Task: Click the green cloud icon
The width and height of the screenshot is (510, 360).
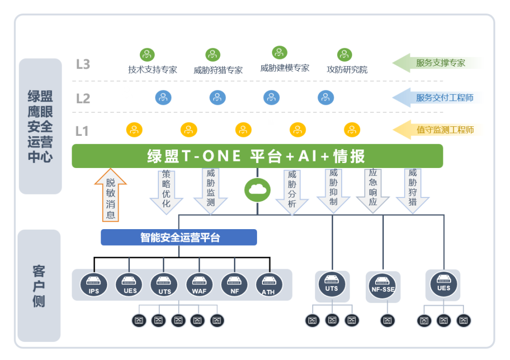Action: (258, 190)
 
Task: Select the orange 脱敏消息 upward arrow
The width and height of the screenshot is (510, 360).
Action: (110, 196)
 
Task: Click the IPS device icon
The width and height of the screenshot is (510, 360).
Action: (94, 285)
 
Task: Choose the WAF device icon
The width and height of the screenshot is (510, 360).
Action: (199, 285)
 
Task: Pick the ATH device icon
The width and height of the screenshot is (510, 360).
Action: (269, 285)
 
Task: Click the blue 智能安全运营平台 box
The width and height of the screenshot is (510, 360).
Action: (179, 237)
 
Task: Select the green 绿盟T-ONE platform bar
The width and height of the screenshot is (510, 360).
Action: (258, 156)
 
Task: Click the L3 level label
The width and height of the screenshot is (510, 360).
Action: (83, 64)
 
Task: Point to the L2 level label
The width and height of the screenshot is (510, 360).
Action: (83, 98)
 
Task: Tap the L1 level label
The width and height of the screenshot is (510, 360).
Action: (82, 131)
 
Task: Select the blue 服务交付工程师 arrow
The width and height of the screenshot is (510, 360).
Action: (436, 97)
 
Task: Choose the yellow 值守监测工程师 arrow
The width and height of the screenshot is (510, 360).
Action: (436, 130)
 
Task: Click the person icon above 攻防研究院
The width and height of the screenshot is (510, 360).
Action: (345, 55)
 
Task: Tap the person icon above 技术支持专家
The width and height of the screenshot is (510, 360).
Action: (147, 54)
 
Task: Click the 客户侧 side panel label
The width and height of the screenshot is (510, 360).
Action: (39, 286)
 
